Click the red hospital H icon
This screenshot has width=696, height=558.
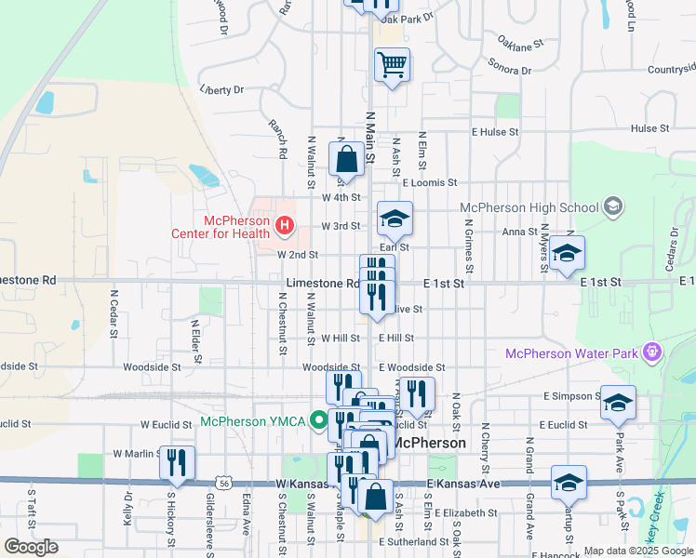click(x=284, y=224)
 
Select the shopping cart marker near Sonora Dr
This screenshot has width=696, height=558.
click(x=393, y=65)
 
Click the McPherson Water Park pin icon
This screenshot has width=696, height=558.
click(x=653, y=352)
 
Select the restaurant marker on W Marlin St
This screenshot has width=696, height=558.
click(x=177, y=462)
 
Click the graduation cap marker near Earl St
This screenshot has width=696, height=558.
click(x=395, y=219)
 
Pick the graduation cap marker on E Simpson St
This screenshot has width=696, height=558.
click(x=618, y=403)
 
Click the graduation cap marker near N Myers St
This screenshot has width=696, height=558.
click(x=567, y=253)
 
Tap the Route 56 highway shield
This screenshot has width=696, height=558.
click(x=223, y=484)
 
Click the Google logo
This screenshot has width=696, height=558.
click(x=31, y=546)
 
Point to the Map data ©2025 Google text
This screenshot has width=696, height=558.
click(x=638, y=551)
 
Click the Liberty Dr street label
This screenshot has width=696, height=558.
click(x=221, y=90)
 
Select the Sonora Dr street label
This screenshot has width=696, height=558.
click(x=509, y=66)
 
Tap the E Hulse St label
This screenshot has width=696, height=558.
click(x=495, y=132)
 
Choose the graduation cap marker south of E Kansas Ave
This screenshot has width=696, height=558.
click(x=569, y=484)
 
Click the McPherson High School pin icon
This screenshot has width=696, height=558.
click(x=612, y=205)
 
